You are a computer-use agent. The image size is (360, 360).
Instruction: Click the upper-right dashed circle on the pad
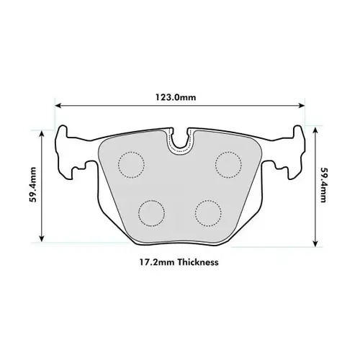pyautogui.click(x=228, y=165)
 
